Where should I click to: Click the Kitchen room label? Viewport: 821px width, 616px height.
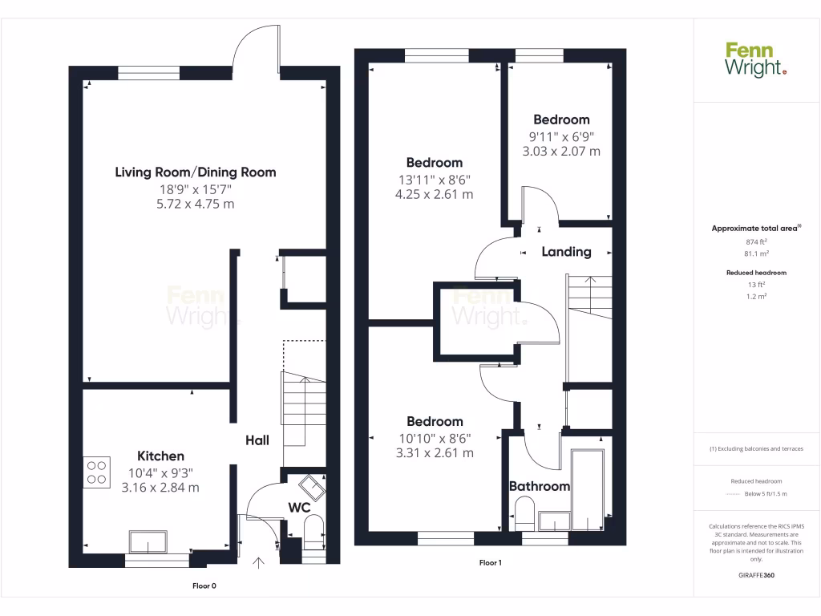tap(160, 456)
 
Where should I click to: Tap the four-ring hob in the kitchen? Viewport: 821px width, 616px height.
tap(96, 471)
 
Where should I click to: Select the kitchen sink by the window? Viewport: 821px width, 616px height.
tap(149, 542)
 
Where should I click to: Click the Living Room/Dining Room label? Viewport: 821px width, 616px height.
tap(196, 172)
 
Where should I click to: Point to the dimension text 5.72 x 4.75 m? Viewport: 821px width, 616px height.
tap(196, 205)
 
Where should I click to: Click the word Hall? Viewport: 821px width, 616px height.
tap(257, 440)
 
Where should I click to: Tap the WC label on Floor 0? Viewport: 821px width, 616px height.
tap(299, 508)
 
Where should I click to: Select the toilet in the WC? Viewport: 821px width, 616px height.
tap(313, 532)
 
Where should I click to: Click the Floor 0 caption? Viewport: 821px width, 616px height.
tap(204, 586)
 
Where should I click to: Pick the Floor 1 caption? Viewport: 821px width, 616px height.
tap(490, 563)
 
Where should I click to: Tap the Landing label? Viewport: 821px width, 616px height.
tap(566, 252)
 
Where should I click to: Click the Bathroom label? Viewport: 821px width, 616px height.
tap(540, 486)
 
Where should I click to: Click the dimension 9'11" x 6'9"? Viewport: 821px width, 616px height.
tap(560, 136)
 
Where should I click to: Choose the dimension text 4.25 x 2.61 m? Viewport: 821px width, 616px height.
tap(434, 194)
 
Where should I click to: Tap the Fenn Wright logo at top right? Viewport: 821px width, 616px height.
tap(755, 60)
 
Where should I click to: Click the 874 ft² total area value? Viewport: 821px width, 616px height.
tap(756, 241)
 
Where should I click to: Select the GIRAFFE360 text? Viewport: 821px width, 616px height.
tap(756, 575)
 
